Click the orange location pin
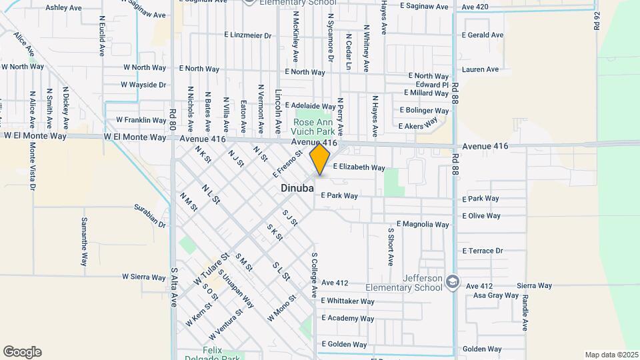click(x=320, y=159)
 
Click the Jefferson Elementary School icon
click(x=453, y=281)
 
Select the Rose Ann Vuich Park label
click(x=317, y=127)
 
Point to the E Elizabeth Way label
click(x=359, y=167)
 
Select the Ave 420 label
click(x=475, y=7)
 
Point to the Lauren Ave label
click(x=480, y=69)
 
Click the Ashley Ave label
click(x=63, y=8)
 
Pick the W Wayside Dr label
click(x=143, y=85)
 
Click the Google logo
click(x=22, y=352)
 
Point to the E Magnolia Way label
click(x=423, y=224)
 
